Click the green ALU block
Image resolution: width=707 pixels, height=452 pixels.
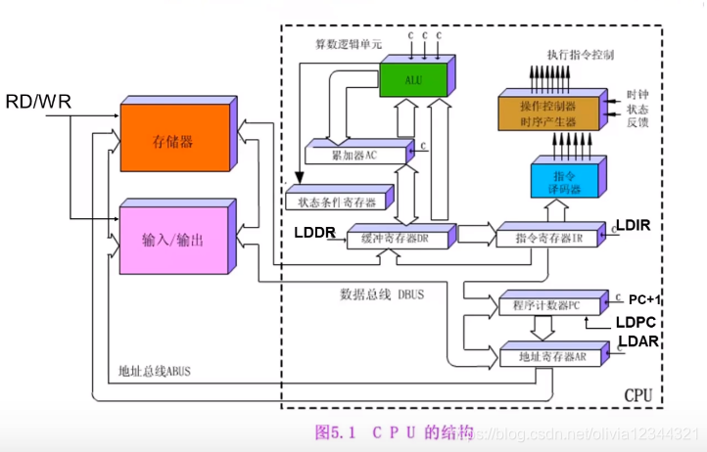[x=414, y=78]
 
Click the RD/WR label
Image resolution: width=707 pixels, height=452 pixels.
[x=38, y=102]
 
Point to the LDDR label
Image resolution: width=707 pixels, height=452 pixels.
[x=314, y=233]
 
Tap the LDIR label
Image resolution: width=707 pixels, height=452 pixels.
[x=633, y=225]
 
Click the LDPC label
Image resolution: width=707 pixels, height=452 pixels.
[x=634, y=321]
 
